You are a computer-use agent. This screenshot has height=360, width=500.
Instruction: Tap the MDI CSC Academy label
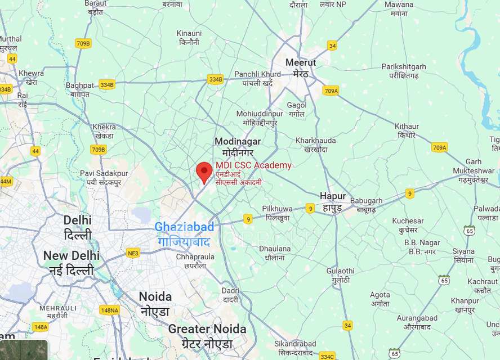[x=253, y=165]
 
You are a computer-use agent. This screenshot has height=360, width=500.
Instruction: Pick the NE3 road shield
[x=133, y=253]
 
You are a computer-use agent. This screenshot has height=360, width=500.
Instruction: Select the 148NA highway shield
[x=109, y=310]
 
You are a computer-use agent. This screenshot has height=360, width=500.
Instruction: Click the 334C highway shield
[x=327, y=356]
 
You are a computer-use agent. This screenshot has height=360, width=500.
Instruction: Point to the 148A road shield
[x=41, y=327]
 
